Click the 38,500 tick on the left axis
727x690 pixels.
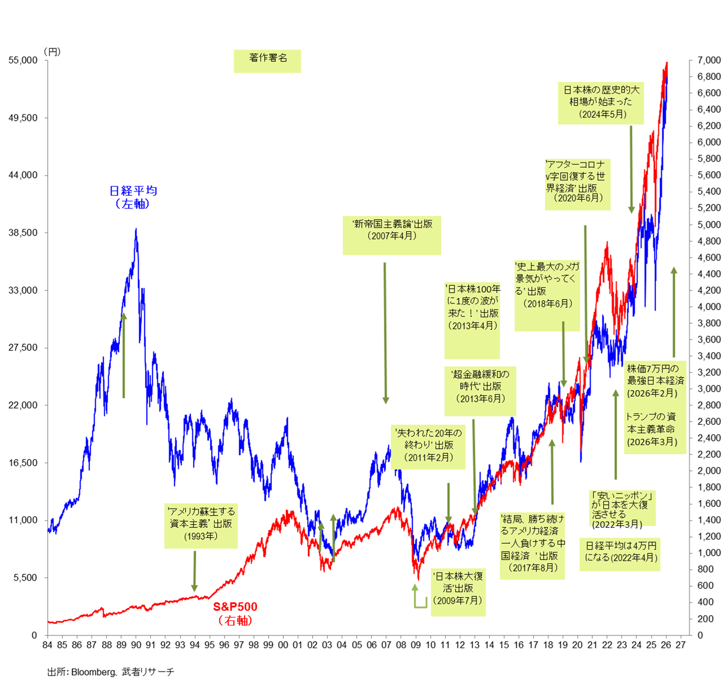coord(23,233)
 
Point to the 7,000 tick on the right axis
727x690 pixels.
coord(709,60)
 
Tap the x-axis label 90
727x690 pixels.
coord(136,645)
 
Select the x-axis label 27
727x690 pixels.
coord(680,645)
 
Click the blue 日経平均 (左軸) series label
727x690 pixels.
coord(133,197)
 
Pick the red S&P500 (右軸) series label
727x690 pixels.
coord(235,613)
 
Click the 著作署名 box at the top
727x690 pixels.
coord(267,58)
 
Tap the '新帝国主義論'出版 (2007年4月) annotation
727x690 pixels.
coord(392,230)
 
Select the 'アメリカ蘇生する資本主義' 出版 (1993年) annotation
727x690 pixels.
coord(201,524)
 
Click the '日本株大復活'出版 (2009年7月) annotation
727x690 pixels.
coord(458,588)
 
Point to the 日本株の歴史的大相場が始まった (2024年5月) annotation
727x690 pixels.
coord(601,102)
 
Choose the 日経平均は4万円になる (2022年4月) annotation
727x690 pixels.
coord(620,552)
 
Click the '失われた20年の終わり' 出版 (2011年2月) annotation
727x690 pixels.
coord(428,445)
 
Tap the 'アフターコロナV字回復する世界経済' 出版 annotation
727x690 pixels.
coord(577,181)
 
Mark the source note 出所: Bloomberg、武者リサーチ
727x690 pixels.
coord(110,672)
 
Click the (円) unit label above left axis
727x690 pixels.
coord(52,52)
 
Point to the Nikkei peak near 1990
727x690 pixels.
coord(136,229)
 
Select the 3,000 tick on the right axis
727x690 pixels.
coord(709,389)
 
